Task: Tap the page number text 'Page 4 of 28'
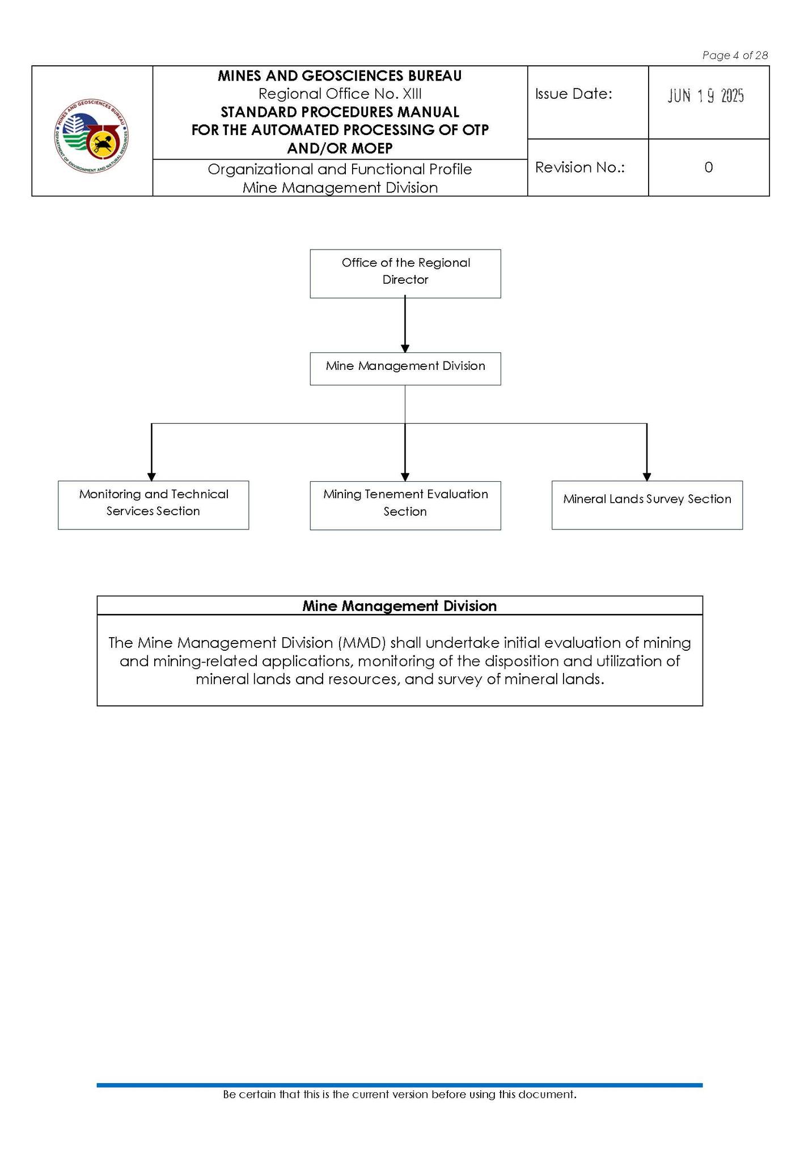pyautogui.click(x=735, y=55)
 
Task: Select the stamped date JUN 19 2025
pyautogui.click(x=705, y=96)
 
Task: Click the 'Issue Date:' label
pyautogui.click(x=573, y=94)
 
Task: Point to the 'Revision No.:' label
pyautogui.click(x=579, y=167)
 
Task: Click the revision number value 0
pyautogui.click(x=708, y=167)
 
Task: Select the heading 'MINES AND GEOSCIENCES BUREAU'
pyautogui.click(x=340, y=75)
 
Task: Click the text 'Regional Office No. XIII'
pyautogui.click(x=340, y=94)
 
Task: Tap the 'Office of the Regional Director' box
pyautogui.click(x=405, y=273)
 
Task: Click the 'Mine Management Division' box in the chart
pyautogui.click(x=405, y=369)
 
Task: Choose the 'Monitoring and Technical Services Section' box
pyautogui.click(x=153, y=505)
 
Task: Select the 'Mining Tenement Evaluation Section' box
pyautogui.click(x=405, y=506)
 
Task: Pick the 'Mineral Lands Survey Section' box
pyautogui.click(x=647, y=505)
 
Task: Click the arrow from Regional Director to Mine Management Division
pyautogui.click(x=405, y=325)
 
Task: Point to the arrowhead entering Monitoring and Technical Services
pyautogui.click(x=151, y=477)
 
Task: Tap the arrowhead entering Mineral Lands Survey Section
pyautogui.click(x=647, y=477)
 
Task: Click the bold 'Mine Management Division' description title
pyautogui.click(x=399, y=606)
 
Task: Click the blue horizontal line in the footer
pyautogui.click(x=399, y=1085)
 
